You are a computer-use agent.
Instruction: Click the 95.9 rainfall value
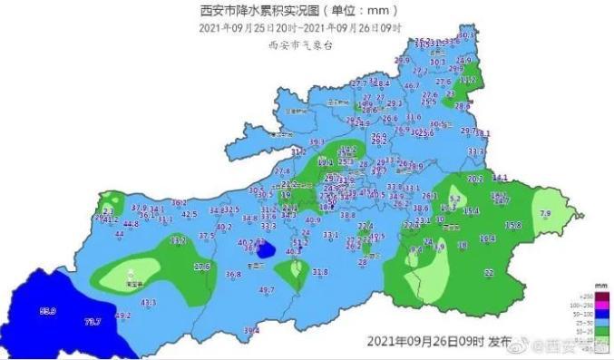tap(48, 311)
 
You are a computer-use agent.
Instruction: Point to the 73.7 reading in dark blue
tap(92, 321)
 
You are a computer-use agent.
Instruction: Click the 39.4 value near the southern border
tap(251, 330)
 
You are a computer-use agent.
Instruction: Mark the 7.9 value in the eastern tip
tap(545, 213)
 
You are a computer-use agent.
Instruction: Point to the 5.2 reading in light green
tap(455, 198)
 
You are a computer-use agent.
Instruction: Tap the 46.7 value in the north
tap(412, 85)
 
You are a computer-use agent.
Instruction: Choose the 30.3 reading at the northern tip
tap(467, 35)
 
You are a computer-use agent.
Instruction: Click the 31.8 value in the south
tap(320, 271)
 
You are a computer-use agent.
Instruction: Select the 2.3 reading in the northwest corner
tap(109, 210)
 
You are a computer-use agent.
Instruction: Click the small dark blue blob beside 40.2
tap(266, 249)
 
